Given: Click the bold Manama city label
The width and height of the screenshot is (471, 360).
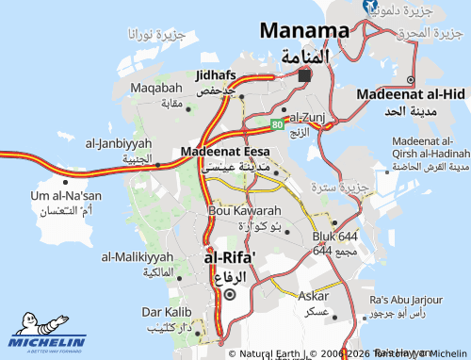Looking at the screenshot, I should coord(303,30).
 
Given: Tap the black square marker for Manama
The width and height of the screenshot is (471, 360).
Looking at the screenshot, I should coord(303,75).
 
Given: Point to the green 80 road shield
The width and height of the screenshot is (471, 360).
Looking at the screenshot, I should coord(277,123).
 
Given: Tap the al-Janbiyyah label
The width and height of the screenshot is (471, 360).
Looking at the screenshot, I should coord(119,144).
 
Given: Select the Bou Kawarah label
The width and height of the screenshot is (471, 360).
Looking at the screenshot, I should coord(244,210).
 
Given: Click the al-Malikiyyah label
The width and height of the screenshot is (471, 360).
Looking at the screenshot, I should coord(138,256).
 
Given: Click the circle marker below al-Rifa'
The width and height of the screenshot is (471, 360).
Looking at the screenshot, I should coord(230,294).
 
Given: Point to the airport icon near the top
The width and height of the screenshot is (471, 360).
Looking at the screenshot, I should coord(370,6).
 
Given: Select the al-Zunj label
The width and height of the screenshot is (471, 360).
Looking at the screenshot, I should coord(306,117).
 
